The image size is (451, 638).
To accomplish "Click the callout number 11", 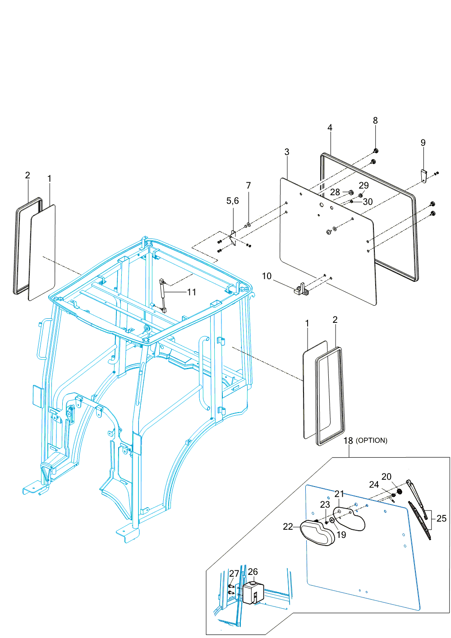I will coord(192,292).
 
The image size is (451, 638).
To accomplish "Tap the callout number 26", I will coord(253,572).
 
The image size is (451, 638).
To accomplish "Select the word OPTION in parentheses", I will coord(372,441).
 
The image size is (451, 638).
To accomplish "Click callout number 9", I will coord(423,143).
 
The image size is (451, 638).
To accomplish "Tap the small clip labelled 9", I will coord(424,176).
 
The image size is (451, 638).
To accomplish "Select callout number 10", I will coord(267,276).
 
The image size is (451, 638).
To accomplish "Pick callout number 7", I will coord(249,185).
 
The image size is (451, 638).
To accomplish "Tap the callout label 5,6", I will coord(233,201).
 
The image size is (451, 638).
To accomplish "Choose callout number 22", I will coord(288,527).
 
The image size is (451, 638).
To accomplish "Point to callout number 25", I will coord(442,519).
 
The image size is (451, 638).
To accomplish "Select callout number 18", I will coord(348,441).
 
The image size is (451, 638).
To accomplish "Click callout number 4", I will coord(330,128).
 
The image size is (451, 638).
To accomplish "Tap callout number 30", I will coord(368,202).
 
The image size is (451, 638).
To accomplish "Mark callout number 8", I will coord(375,120).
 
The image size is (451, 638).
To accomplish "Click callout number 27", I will coord(234,574).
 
